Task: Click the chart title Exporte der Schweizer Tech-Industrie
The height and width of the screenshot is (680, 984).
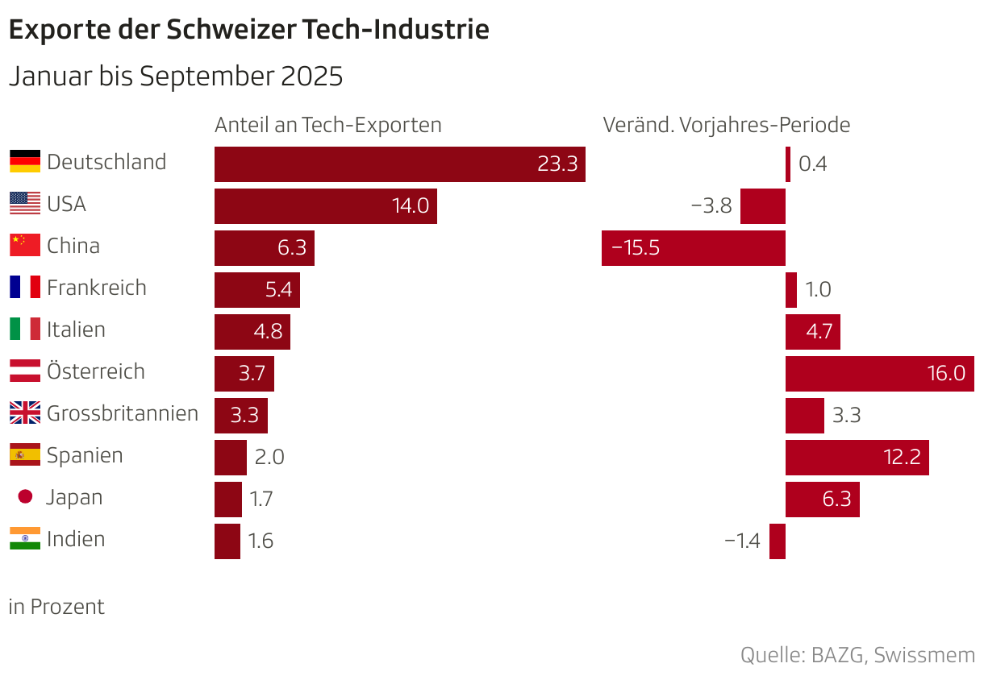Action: pos(248,30)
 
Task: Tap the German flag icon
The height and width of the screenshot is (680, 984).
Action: pos(25,162)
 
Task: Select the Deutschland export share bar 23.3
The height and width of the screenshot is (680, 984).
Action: pos(399,164)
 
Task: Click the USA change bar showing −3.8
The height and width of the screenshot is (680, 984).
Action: pos(762,205)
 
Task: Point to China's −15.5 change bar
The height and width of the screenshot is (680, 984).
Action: pos(693,247)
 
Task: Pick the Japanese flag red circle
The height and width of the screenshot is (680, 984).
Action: pos(25,497)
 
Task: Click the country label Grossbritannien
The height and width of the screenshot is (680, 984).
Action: pos(123,413)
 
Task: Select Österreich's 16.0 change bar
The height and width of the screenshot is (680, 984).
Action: pos(879,373)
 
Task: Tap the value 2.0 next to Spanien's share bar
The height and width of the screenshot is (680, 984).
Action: pos(269,457)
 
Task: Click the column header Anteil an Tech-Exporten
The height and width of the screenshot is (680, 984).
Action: pos(327,126)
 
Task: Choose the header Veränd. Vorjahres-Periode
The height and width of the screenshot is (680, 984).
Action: pos(726,126)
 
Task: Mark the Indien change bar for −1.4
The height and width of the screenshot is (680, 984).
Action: pos(778,541)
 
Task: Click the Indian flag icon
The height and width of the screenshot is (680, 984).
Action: pos(25,539)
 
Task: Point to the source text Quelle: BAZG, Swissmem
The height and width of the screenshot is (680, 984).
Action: pos(857,655)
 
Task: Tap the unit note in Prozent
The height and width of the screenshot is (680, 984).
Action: pos(56,607)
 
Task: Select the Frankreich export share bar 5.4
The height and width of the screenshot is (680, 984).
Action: pos(256,289)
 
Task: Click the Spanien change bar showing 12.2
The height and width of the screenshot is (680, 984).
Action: pos(857,457)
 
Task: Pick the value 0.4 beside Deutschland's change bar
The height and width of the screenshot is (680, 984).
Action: pos(813,164)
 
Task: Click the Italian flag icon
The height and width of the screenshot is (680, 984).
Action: pos(25,330)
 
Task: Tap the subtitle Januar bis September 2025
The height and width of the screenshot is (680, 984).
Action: pos(176,77)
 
